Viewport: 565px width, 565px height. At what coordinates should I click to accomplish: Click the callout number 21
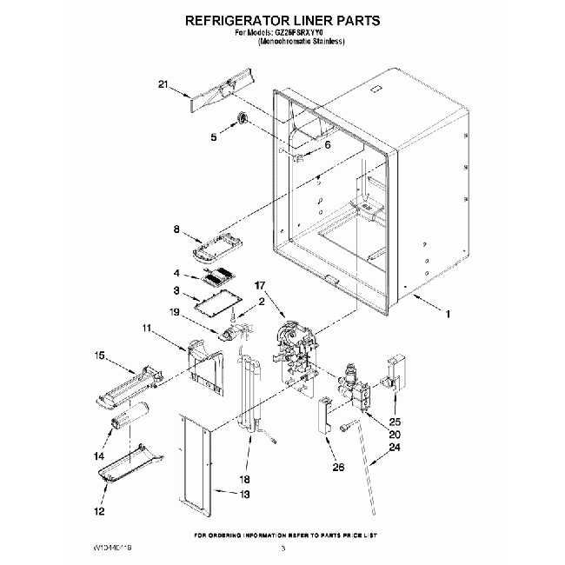pyautogui.click(x=163, y=84)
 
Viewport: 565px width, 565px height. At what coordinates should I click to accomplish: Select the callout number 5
pyautogui.click(x=213, y=136)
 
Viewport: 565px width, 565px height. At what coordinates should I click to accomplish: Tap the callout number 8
pyautogui.click(x=176, y=230)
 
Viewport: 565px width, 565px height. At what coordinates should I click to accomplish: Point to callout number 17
pyautogui.click(x=259, y=285)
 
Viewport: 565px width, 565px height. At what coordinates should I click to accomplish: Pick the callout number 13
pyautogui.click(x=244, y=495)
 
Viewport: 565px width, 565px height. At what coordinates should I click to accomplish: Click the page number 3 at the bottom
pyautogui.click(x=282, y=549)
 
